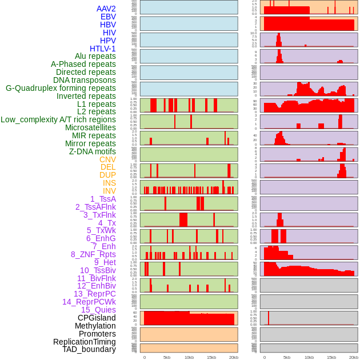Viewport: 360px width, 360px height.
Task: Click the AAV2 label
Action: click(x=106, y=9)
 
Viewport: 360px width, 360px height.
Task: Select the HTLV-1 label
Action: click(x=103, y=49)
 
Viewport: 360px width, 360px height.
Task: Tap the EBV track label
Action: click(x=108, y=17)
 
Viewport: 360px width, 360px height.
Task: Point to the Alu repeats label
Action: click(x=95, y=56)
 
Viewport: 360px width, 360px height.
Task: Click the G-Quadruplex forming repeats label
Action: click(x=61, y=88)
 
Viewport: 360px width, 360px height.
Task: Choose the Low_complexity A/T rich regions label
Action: click(x=58, y=119)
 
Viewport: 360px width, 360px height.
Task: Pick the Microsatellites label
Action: click(x=90, y=127)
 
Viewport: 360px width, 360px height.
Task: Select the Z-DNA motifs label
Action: click(x=93, y=151)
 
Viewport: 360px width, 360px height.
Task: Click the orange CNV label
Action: click(x=107, y=159)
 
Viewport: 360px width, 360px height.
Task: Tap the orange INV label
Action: click(x=109, y=191)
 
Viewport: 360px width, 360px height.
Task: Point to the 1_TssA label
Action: click(x=103, y=199)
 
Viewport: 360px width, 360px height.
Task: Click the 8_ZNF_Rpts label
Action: click(x=93, y=254)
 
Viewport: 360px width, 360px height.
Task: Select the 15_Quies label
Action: click(x=98, y=310)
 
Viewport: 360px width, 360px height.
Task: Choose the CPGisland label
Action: click(x=97, y=318)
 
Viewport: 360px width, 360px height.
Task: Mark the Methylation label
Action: click(x=95, y=326)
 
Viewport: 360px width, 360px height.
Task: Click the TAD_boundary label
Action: click(x=89, y=349)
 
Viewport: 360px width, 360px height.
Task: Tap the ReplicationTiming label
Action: click(x=85, y=342)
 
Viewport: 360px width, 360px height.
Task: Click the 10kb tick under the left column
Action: click(x=189, y=357)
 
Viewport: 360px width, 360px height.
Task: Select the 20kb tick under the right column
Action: click(x=354, y=357)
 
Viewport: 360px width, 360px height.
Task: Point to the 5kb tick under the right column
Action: click(x=287, y=357)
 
